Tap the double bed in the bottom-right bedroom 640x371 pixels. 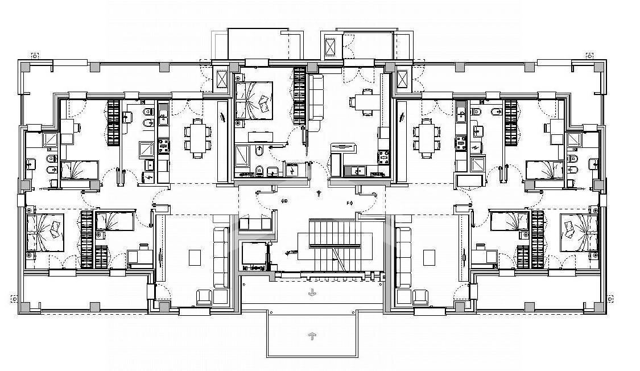click(579, 233)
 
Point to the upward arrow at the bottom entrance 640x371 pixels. click(312, 335)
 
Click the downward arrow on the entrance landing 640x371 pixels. click(312, 293)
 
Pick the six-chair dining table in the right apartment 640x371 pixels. click(427, 138)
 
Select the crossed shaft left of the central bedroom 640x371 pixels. click(221, 80)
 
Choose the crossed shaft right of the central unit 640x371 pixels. click(403, 80)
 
